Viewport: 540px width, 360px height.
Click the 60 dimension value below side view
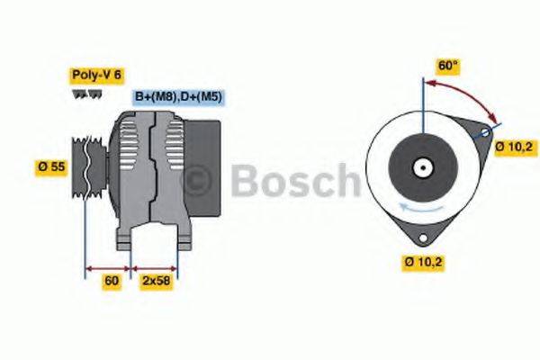(112, 281)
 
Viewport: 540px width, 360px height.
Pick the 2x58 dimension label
(156, 281)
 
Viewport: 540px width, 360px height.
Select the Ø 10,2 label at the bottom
(423, 262)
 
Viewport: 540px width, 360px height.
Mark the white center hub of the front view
(421, 167)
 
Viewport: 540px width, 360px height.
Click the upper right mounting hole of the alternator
(486, 132)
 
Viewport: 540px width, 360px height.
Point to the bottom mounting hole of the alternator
(421, 236)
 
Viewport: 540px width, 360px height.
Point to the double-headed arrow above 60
(108, 267)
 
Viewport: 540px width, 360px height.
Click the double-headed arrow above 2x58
(155, 267)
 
